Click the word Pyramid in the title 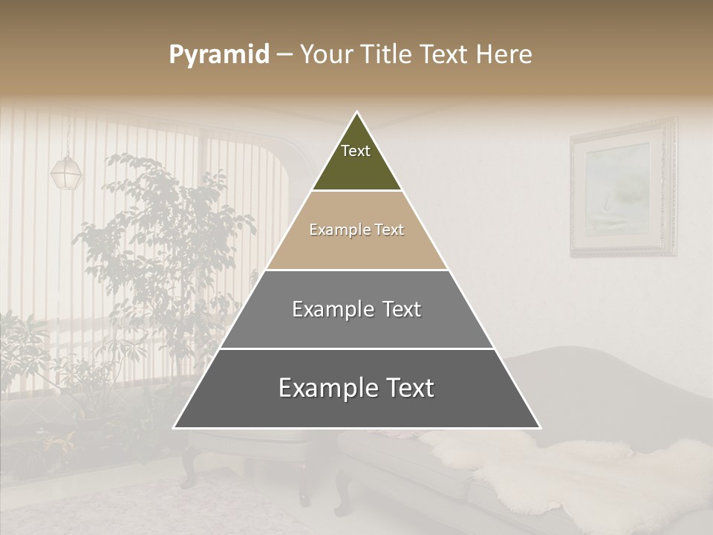218,55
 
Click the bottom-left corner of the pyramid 175,427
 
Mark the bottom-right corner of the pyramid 539,427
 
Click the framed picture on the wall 622,187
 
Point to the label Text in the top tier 356,151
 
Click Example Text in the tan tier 356,230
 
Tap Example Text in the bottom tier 356,388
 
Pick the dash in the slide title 284,55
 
